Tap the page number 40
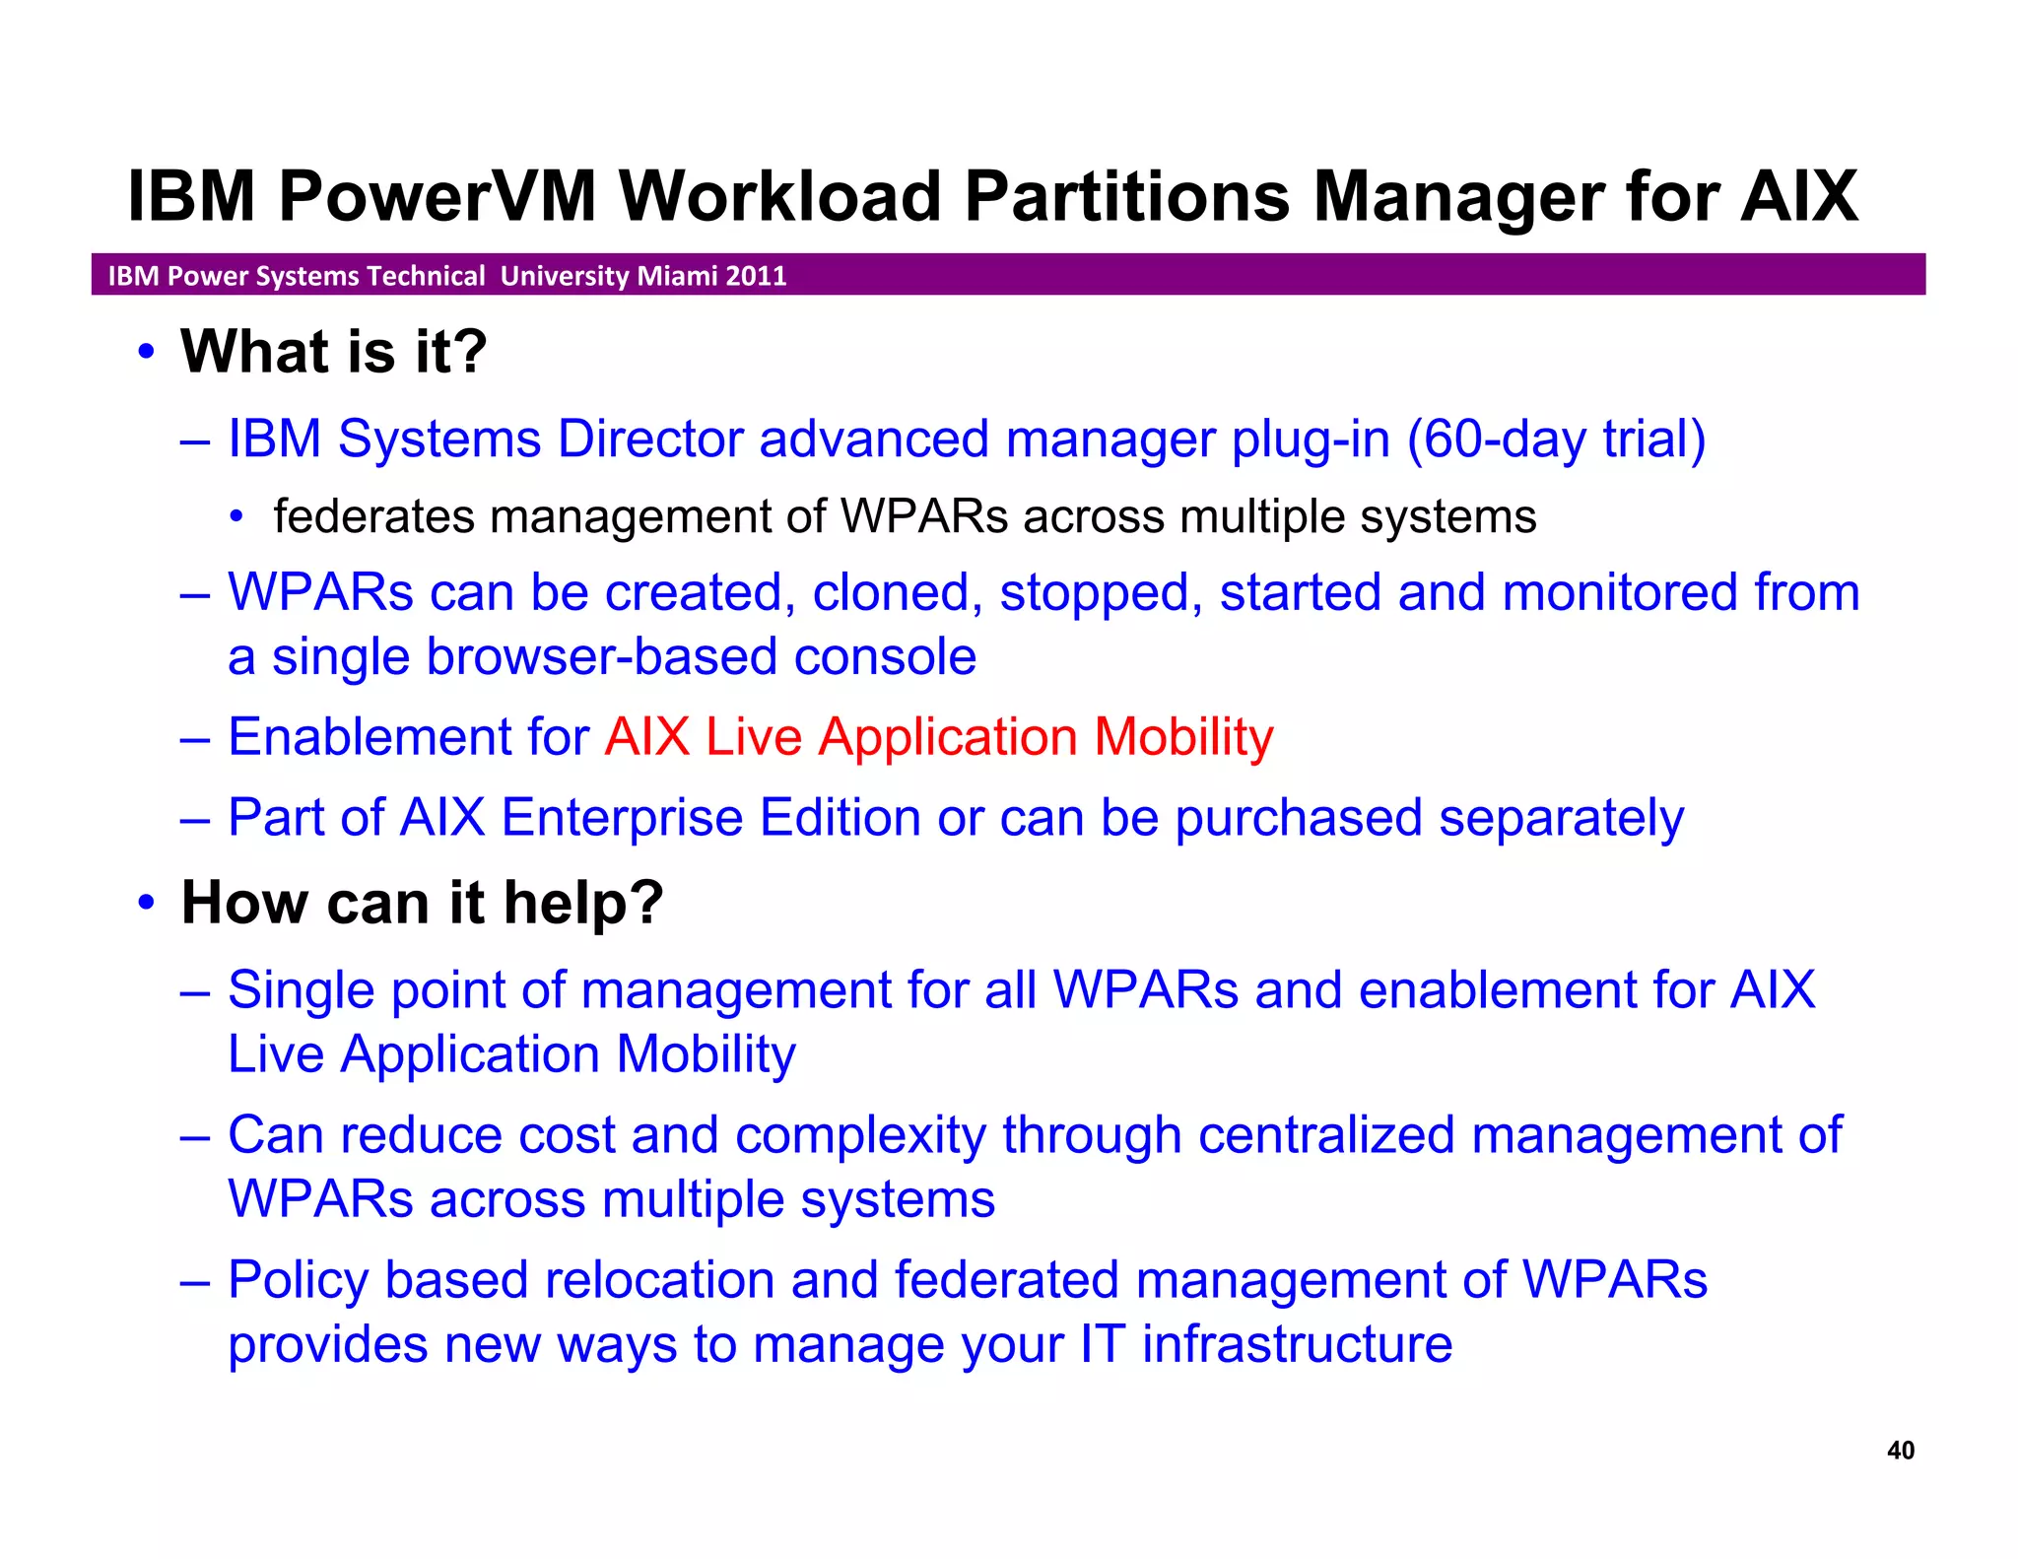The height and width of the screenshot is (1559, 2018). (1900, 1450)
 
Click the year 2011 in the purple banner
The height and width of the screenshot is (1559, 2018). (756, 276)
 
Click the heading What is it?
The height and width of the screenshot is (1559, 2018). (333, 352)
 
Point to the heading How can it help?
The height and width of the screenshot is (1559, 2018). (422, 903)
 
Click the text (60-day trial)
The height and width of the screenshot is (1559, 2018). (1556, 440)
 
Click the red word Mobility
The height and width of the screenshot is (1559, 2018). (1183, 737)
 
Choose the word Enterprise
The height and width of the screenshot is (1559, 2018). (622, 818)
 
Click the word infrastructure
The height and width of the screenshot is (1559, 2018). (1297, 1345)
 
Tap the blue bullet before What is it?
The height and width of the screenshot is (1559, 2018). (147, 352)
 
